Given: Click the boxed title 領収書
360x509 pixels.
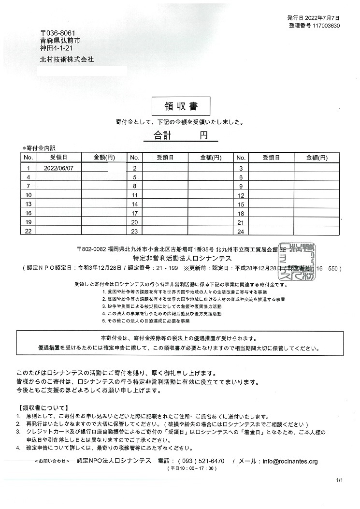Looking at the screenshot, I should [174, 105].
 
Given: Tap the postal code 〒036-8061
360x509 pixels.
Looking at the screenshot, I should [58, 32].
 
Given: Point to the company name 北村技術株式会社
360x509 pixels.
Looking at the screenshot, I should [67, 59].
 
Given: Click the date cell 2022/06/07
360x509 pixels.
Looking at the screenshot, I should [58, 168].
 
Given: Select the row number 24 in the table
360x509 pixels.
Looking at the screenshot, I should [241, 232].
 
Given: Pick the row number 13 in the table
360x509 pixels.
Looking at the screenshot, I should [28, 204].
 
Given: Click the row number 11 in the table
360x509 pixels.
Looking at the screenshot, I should [135, 195].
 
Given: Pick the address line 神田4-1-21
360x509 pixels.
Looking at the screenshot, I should [57, 48].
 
